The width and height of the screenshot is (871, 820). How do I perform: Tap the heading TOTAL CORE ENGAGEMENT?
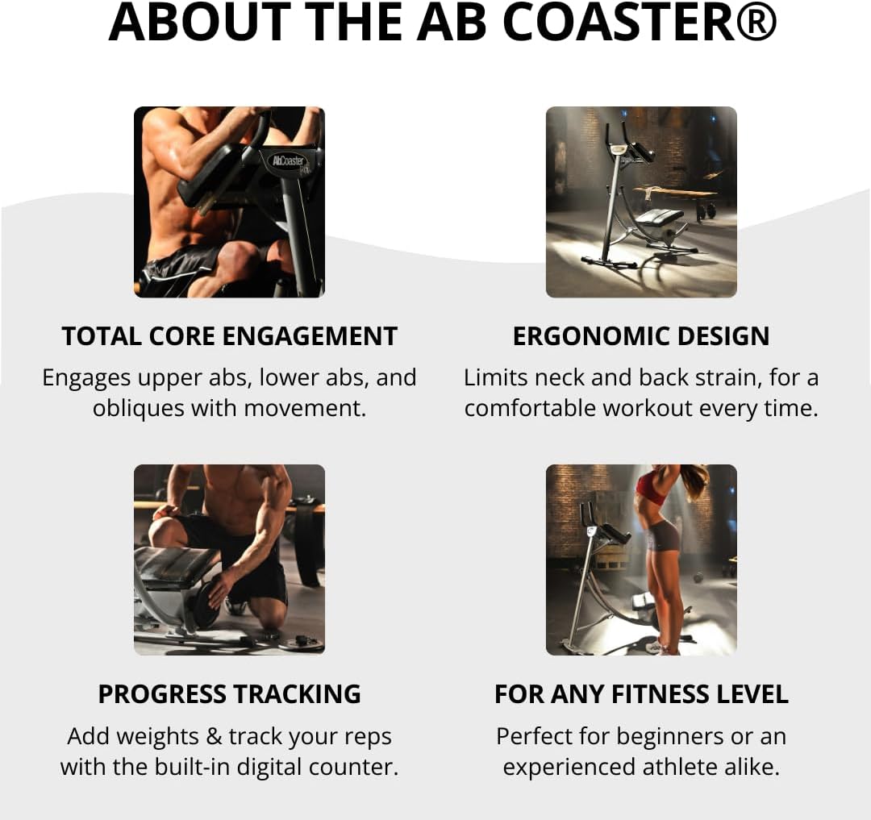(230, 336)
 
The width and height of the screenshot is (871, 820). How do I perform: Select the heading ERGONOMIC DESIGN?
(641, 336)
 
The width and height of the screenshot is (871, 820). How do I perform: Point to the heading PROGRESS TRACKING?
(230, 694)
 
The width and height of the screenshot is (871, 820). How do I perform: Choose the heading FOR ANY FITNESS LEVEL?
(641, 694)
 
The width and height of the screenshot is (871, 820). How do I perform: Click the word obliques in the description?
(138, 408)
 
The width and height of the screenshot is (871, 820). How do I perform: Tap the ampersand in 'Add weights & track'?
(209, 737)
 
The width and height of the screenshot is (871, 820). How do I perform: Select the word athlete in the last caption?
(685, 767)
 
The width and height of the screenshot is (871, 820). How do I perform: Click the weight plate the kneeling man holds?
(205, 601)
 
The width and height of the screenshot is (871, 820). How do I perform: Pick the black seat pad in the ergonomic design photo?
(659, 217)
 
